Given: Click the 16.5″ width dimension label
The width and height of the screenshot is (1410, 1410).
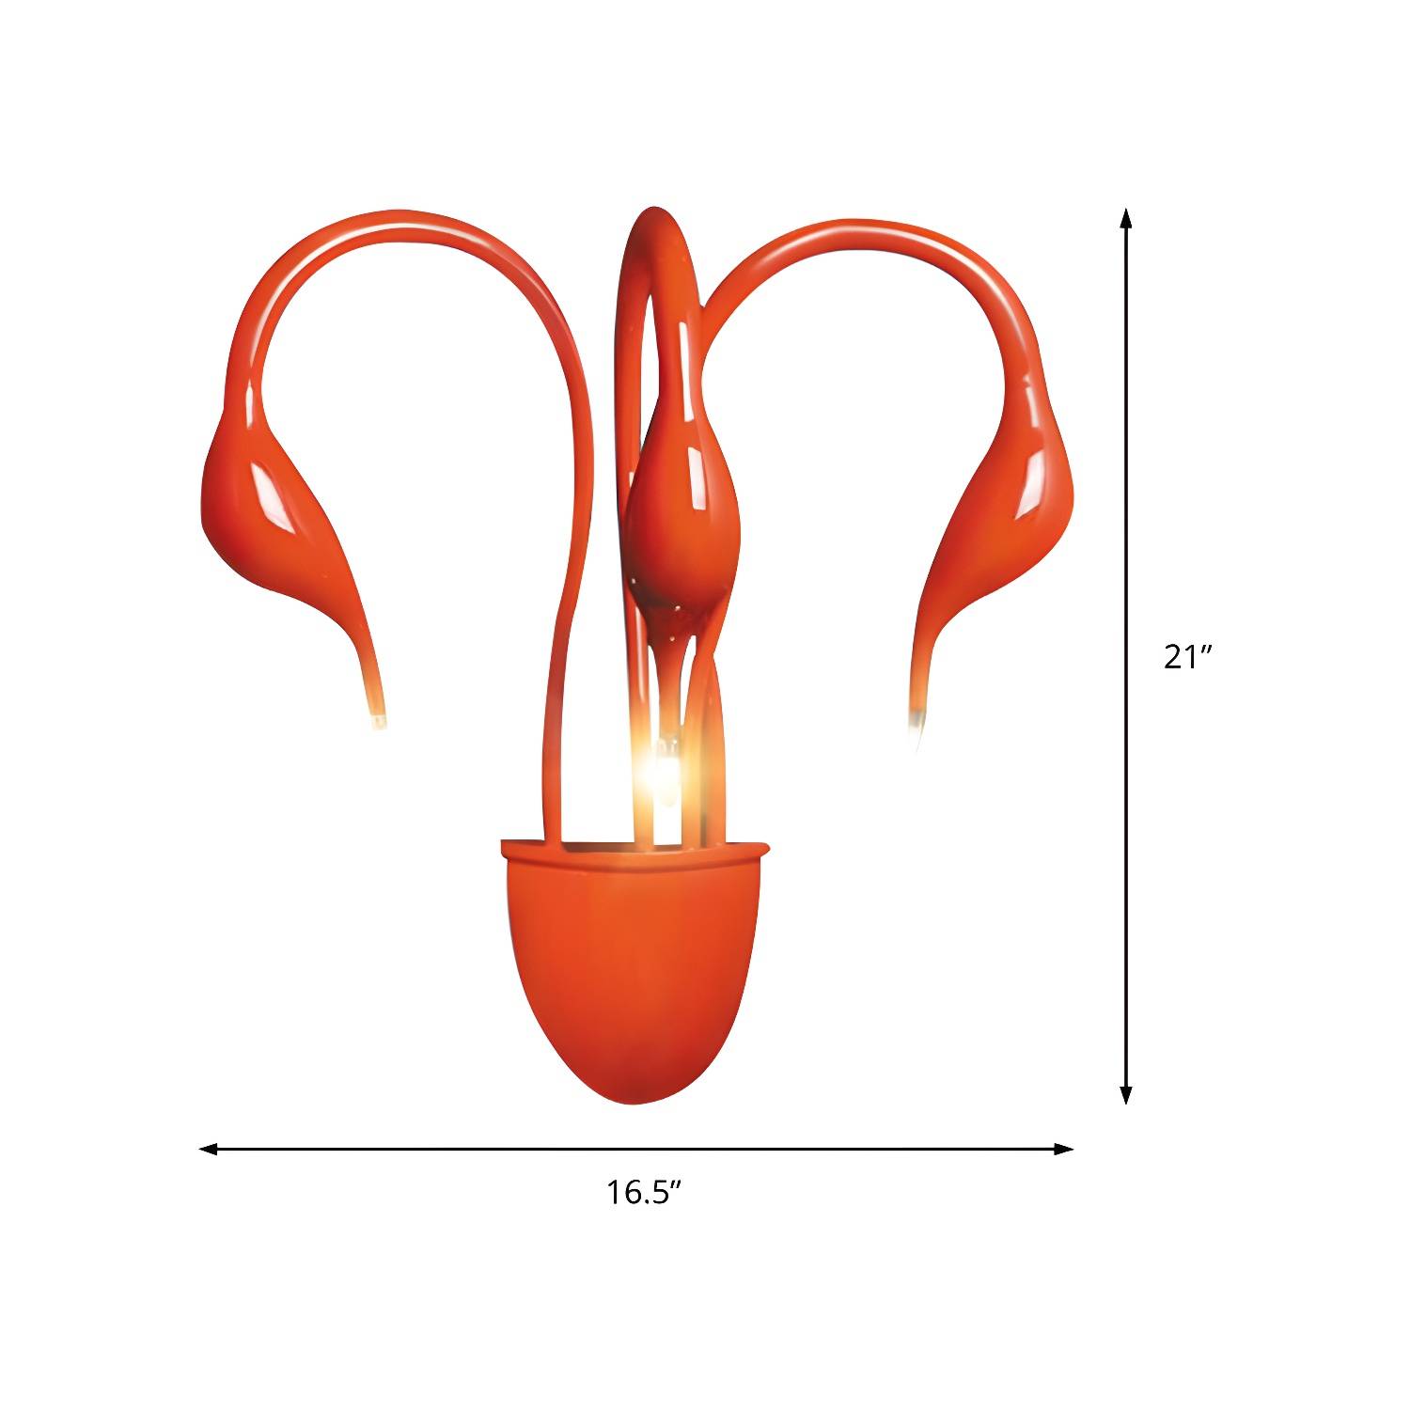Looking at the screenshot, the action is pos(643,1193).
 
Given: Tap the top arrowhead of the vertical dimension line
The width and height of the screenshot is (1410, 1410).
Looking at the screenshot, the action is pos(1126,219).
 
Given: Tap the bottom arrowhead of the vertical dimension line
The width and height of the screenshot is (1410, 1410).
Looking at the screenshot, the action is pos(1126,1093).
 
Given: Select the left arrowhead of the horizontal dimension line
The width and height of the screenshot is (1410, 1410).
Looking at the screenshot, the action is pos(210,1149).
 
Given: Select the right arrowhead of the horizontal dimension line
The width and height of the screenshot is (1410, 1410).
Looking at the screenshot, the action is pos(1063,1149).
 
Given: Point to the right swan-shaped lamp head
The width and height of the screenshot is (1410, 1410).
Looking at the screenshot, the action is pos(996,526).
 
